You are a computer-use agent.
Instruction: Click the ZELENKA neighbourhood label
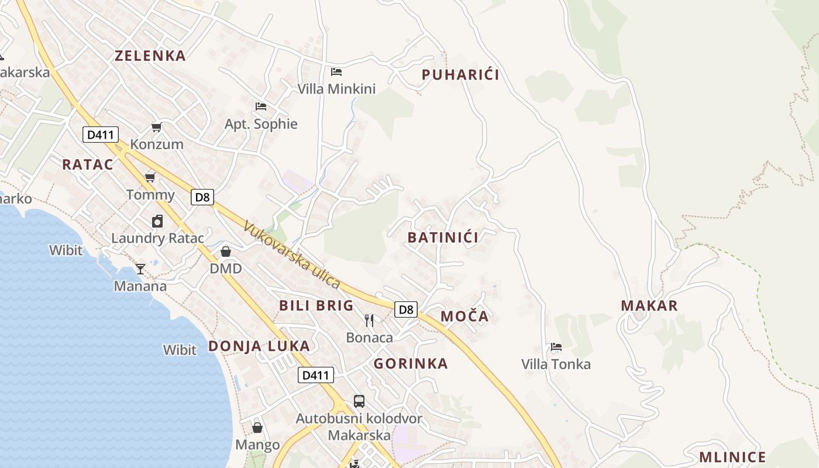150,56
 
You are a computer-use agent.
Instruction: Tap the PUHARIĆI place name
460,75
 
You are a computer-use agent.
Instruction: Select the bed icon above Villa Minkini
336,72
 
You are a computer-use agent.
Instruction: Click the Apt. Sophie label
261,124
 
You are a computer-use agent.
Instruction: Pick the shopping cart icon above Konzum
156,127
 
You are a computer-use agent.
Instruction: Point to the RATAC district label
88,164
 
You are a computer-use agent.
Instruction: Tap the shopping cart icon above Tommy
150,177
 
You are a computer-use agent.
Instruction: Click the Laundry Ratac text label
157,238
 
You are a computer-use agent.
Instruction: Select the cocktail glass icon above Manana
140,269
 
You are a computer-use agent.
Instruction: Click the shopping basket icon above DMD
226,252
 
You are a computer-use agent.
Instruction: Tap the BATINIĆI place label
443,238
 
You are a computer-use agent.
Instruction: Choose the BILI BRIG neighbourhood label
316,305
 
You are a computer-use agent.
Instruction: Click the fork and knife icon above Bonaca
369,320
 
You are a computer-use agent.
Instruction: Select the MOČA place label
464,316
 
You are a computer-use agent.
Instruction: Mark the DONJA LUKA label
259,346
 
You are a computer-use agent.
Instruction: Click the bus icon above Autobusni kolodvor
359,401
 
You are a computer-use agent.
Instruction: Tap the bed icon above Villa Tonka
556,347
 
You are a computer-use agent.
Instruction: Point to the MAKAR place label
649,305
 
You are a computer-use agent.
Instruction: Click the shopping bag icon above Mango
257,428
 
